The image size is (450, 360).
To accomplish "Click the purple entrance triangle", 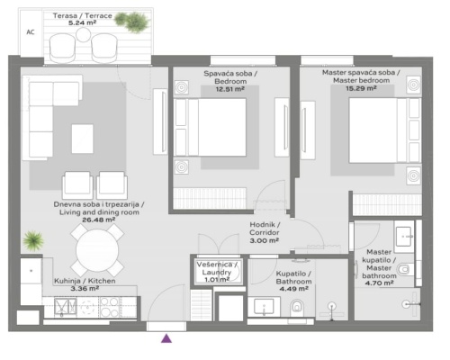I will (x=166, y=339).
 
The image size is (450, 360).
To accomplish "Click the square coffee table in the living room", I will (x=82, y=137).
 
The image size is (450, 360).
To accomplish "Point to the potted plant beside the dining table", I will (x=33, y=240).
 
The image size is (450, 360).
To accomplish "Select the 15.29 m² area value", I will (x=357, y=90).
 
